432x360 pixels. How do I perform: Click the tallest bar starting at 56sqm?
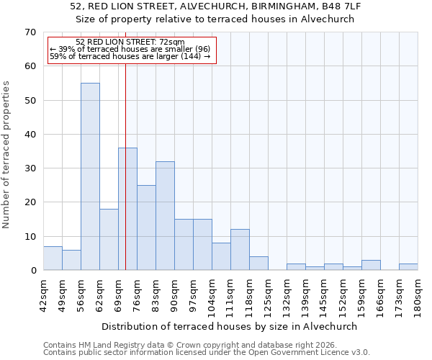tap(90, 176)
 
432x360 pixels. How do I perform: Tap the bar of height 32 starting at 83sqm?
tap(165, 216)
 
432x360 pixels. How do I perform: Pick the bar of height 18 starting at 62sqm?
tap(109, 240)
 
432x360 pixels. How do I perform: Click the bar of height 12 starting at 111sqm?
tap(240, 250)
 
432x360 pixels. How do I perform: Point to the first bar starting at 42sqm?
tap(53, 258)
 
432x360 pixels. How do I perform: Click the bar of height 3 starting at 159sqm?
tap(371, 266)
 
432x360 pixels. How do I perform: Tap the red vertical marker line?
tap(125, 180)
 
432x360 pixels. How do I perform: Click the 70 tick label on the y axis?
tap(30, 32)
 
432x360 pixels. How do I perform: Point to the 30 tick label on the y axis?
tap(30, 168)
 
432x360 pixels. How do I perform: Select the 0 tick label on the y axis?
tap(32, 271)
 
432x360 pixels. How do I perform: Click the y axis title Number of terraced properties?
tap(6, 155)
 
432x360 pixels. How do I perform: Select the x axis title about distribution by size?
tap(229, 326)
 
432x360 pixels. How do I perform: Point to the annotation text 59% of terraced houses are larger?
tap(130, 56)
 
